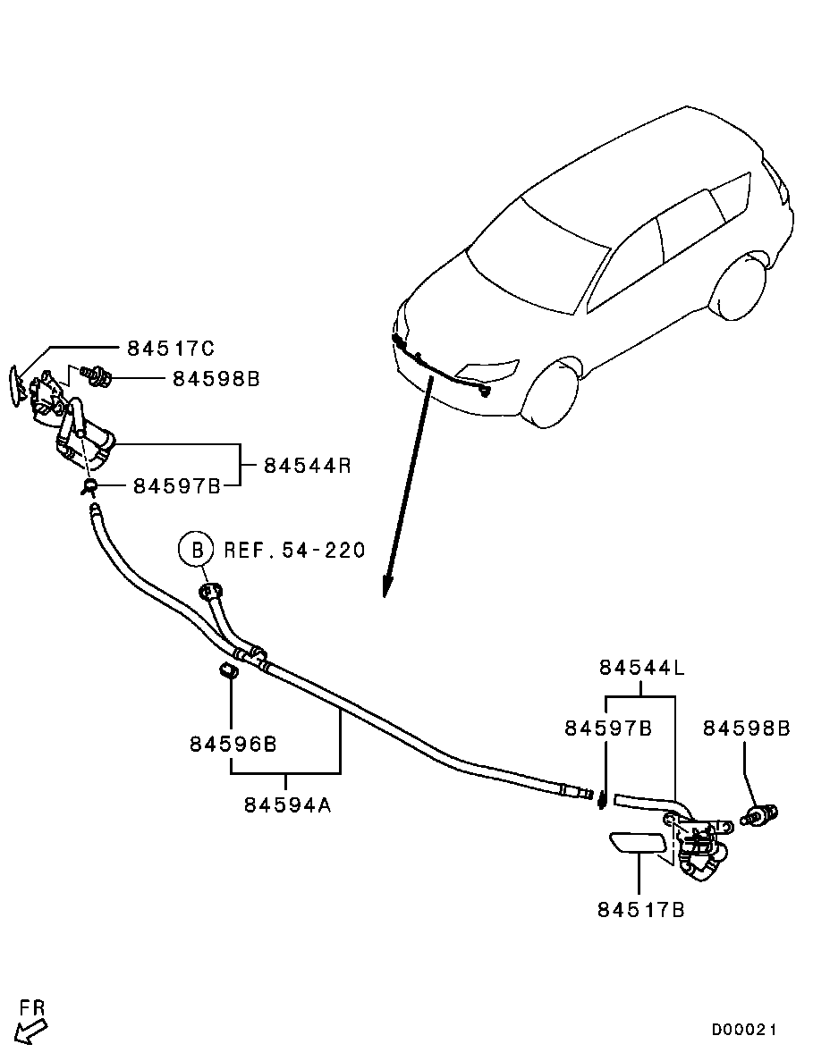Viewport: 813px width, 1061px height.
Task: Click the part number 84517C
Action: tap(170, 348)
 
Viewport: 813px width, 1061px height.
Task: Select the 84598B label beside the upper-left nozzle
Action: tap(216, 379)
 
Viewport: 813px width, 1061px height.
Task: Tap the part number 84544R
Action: tap(307, 466)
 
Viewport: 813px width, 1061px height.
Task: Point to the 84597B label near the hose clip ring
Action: tap(176, 486)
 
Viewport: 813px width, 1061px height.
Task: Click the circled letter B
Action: tap(197, 549)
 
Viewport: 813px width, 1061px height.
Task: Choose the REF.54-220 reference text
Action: tap(294, 550)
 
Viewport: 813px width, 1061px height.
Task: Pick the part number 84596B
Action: tap(232, 743)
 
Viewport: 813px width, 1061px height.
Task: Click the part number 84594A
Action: tap(287, 804)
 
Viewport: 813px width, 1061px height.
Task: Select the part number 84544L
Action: tap(642, 667)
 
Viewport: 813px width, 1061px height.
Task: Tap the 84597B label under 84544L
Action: tap(607, 728)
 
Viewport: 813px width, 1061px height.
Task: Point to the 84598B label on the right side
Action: tap(746, 728)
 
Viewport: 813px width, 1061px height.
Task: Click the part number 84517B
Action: tap(640, 910)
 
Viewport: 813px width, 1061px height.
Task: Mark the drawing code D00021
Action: tap(744, 1030)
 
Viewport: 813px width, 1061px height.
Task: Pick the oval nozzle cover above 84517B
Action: tap(638, 844)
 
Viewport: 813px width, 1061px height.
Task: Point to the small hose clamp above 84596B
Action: tap(227, 670)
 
